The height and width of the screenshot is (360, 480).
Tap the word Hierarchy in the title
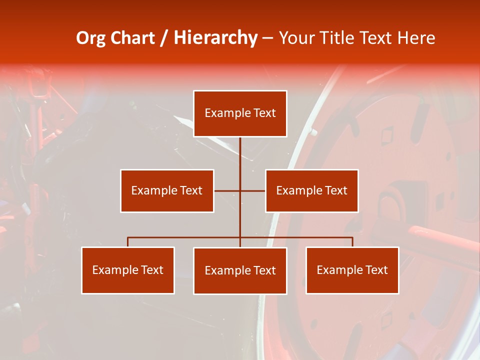click(x=215, y=38)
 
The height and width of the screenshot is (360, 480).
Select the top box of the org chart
click(x=240, y=113)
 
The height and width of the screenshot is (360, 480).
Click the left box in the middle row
click(x=167, y=190)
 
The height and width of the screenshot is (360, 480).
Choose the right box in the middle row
click(x=311, y=190)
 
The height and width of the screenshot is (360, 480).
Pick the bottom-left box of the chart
click(x=128, y=270)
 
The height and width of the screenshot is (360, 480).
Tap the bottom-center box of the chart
click(x=240, y=270)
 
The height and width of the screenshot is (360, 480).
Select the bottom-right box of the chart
click(x=352, y=270)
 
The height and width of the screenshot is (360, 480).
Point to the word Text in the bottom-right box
click(x=376, y=270)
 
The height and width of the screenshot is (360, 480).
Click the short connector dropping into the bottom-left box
click(x=128, y=242)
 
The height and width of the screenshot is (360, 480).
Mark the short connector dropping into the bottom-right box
click(x=352, y=242)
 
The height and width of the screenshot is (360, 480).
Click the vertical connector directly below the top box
click(x=240, y=155)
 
